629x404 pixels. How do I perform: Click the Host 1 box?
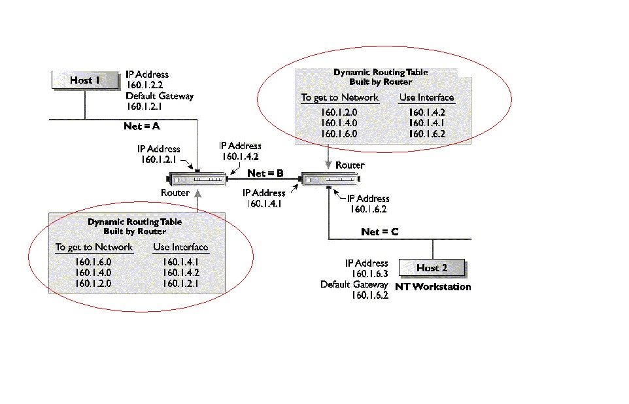pos(84,80)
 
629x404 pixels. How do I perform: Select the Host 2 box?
pos(432,267)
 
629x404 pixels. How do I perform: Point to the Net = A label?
pos(142,126)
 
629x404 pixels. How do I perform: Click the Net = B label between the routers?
pos(265,173)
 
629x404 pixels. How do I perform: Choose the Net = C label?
pos(380,232)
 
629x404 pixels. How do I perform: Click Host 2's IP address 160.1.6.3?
pos(369,273)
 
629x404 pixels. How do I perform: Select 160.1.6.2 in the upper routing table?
pos(426,134)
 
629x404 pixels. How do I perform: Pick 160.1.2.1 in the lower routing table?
pos(180,283)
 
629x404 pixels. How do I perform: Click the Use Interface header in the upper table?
pos(426,97)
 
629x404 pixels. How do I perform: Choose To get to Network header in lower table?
pos(93,247)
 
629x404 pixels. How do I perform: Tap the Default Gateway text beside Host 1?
pos(160,96)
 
